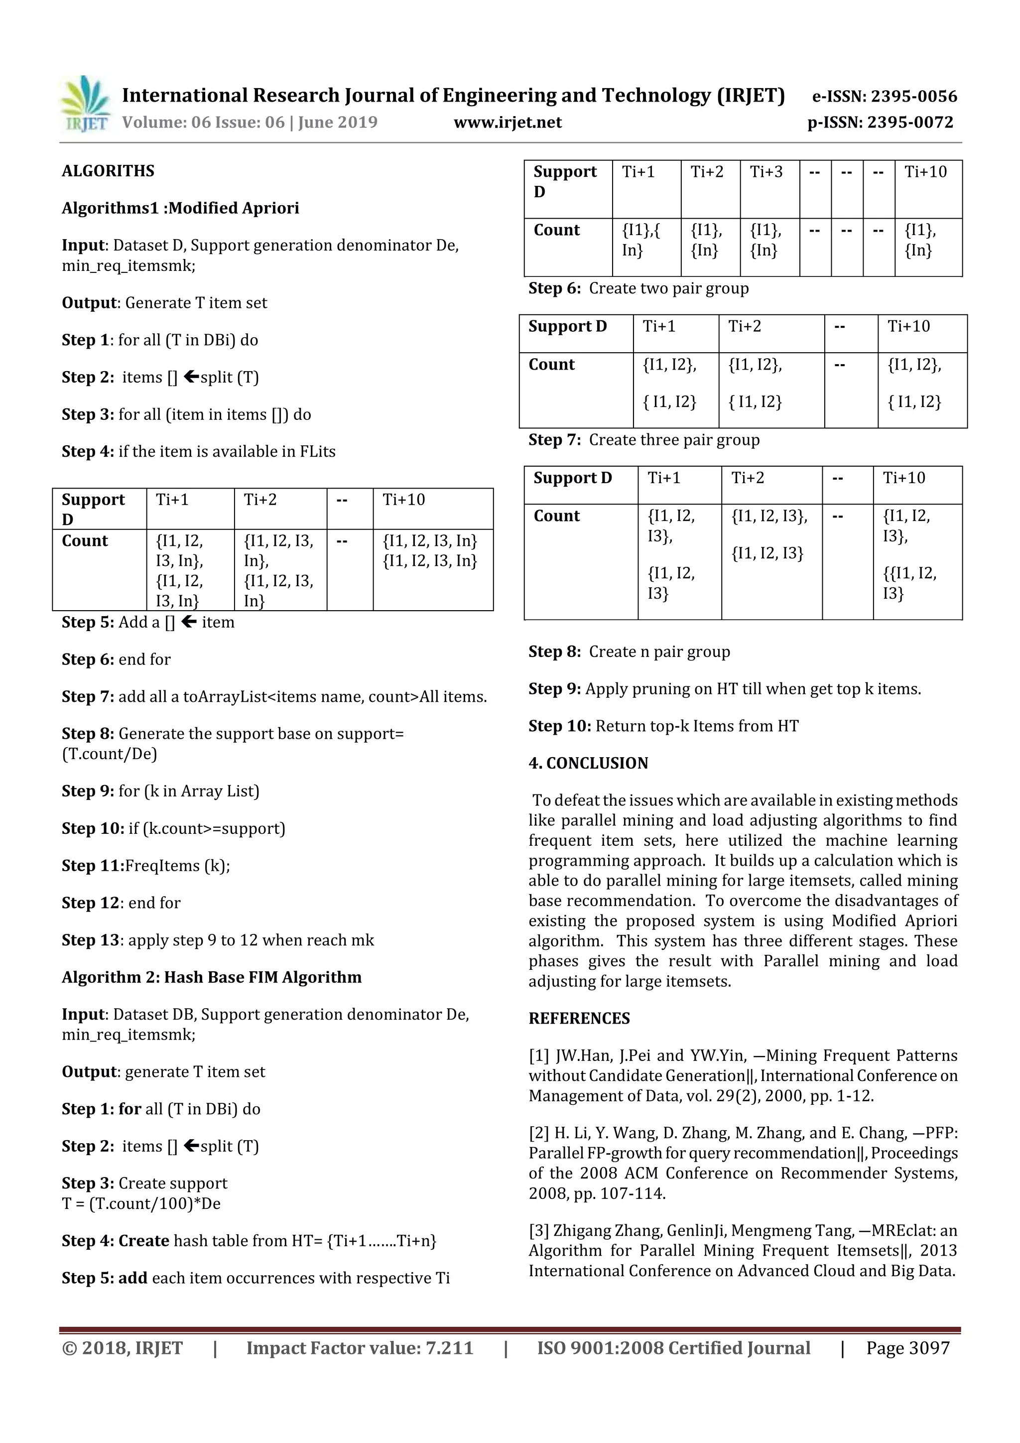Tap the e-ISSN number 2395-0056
[x=913, y=96]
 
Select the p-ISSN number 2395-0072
[x=910, y=123]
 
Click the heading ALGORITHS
[x=108, y=171]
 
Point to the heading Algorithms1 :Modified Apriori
[x=180, y=208]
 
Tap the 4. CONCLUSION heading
[x=588, y=763]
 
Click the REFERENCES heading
[x=579, y=1018]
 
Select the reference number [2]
[x=539, y=1133]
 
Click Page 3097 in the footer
[x=907, y=1347]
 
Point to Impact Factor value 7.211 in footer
[x=360, y=1347]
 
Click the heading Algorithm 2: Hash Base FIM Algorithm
[x=212, y=977]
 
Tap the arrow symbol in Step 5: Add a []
[x=189, y=622]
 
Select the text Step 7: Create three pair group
[x=643, y=440]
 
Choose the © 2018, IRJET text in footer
[x=123, y=1347]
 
